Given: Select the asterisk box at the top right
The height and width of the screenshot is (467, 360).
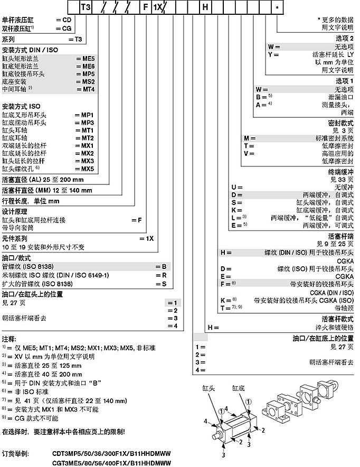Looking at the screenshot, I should point(278,7).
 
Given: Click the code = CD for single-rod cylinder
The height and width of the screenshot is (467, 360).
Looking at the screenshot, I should point(63,20).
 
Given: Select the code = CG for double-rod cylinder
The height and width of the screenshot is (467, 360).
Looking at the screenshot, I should point(63,27).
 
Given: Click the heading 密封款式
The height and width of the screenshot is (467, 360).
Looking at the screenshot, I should point(340,122).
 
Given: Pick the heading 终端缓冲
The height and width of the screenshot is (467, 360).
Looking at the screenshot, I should point(340,172).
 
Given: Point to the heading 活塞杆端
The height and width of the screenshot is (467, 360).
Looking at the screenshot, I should point(340,236).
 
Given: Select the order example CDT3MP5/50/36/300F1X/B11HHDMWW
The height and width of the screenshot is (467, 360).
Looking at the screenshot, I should point(113,453).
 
